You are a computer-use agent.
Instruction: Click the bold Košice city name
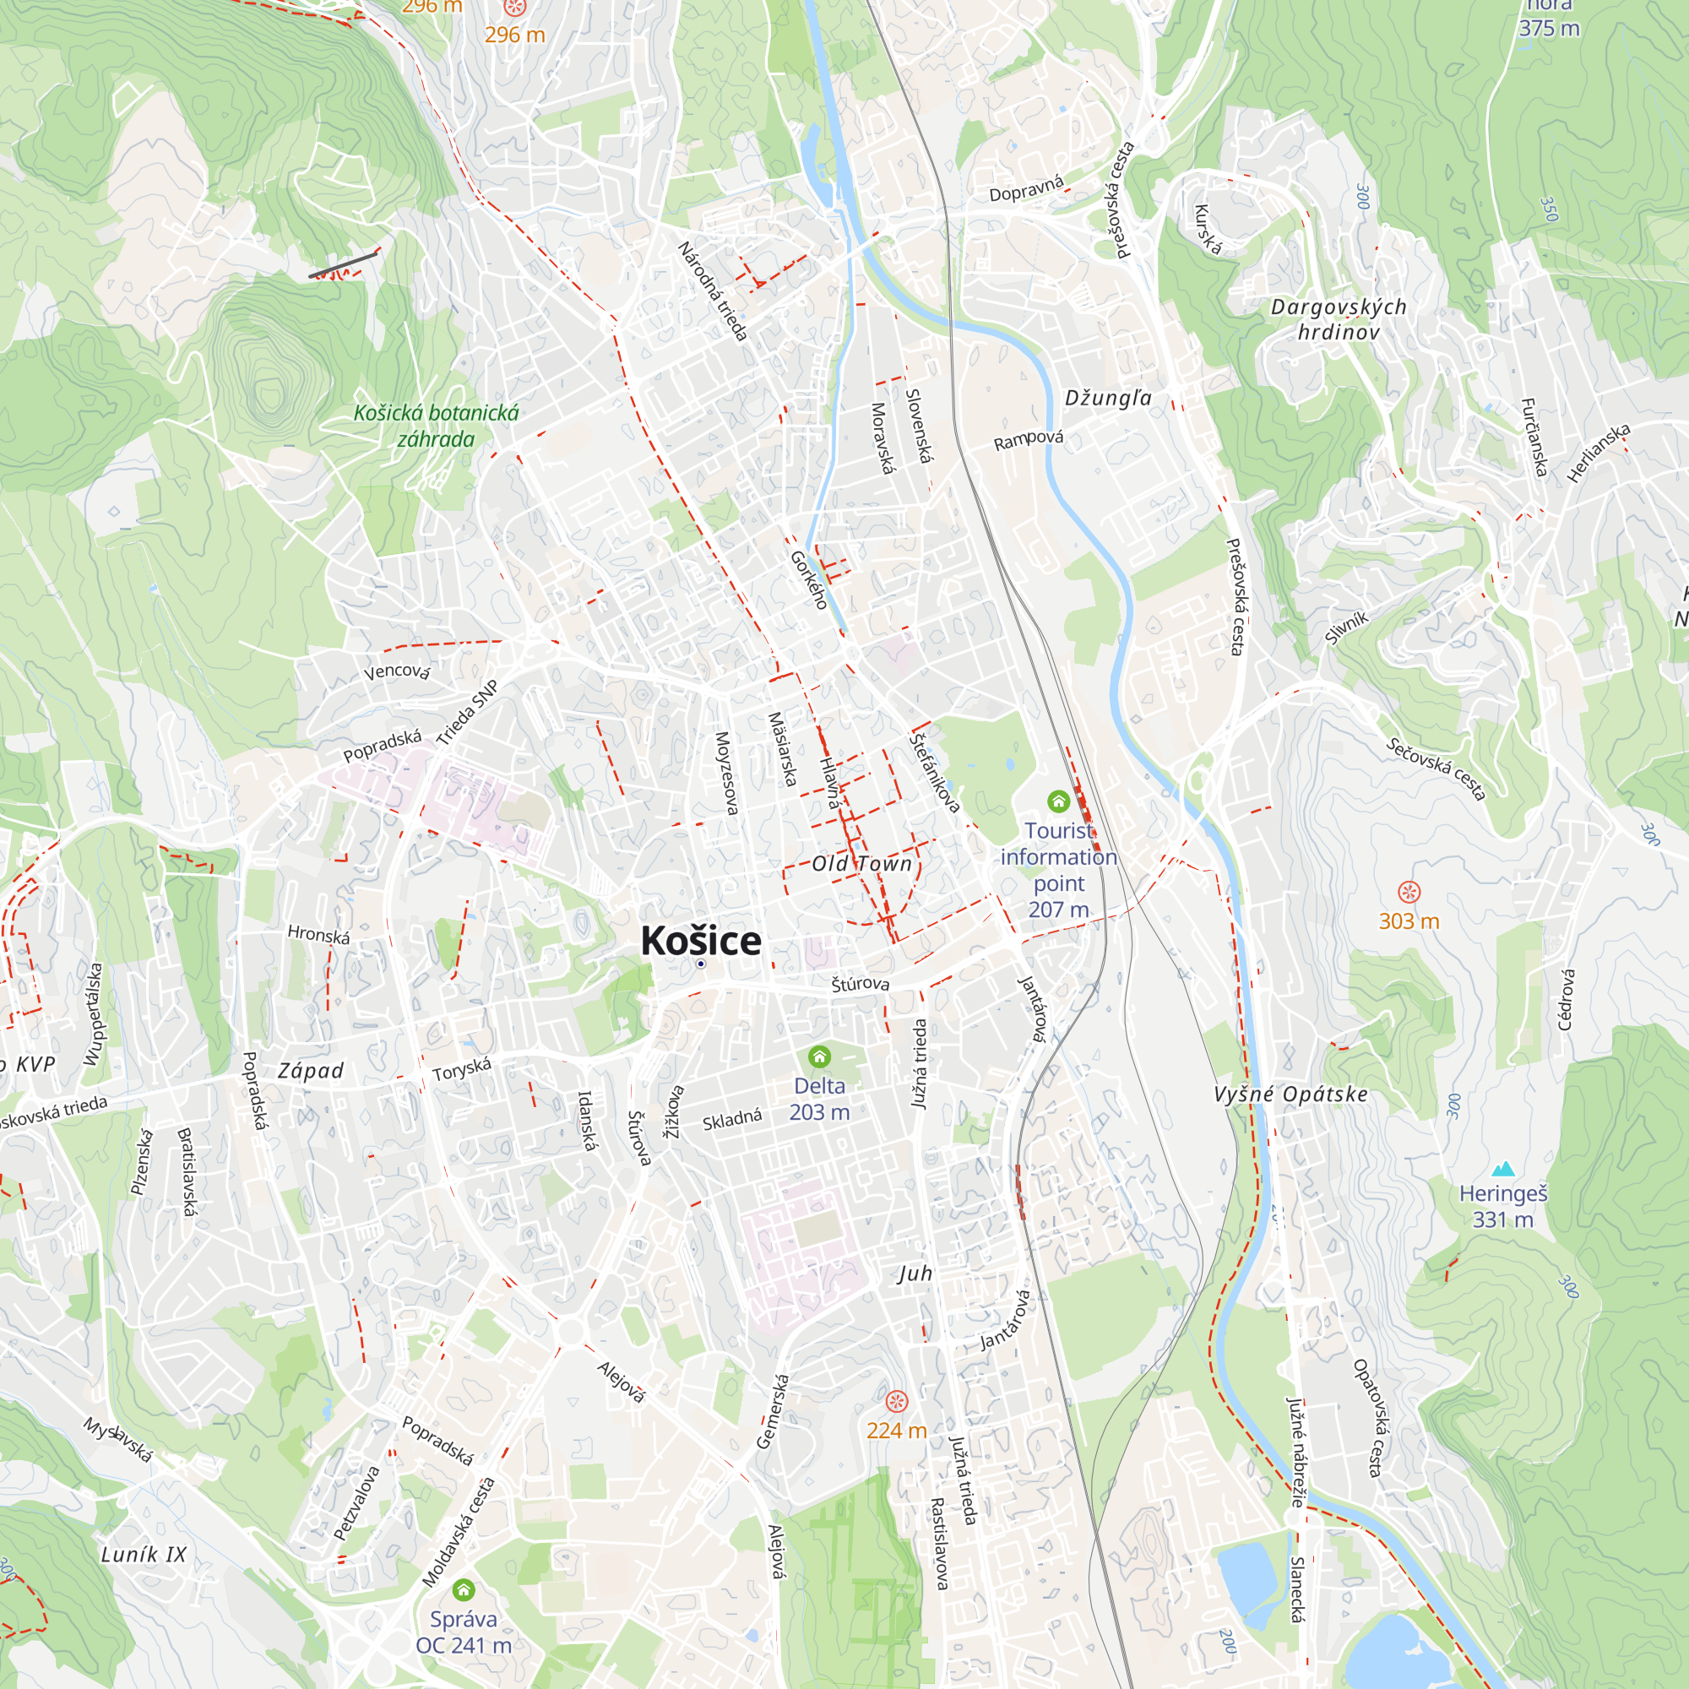click(700, 941)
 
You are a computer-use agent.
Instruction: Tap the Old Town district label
click(861, 864)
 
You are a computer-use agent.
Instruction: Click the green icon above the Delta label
click(819, 1058)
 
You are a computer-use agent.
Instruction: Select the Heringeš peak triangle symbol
click(1503, 1169)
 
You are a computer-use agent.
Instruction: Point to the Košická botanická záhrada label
click(436, 426)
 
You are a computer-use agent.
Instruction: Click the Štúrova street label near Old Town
click(861, 984)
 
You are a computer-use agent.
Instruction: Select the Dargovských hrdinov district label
click(1339, 319)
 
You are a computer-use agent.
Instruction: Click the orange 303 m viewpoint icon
click(1409, 892)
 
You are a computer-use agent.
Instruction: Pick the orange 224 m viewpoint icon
click(896, 1402)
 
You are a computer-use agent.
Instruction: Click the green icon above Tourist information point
click(1059, 801)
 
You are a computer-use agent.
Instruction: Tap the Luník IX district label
click(144, 1555)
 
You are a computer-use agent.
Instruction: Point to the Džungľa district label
click(1108, 399)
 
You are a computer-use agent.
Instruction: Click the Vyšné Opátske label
click(1290, 1094)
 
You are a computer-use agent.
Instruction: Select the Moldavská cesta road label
click(458, 1533)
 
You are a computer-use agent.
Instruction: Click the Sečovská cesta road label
click(1436, 769)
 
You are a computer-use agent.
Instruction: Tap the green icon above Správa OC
click(464, 1589)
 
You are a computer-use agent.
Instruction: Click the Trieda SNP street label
click(468, 713)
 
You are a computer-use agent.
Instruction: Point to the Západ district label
click(310, 1071)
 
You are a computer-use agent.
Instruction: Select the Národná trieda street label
click(713, 291)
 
